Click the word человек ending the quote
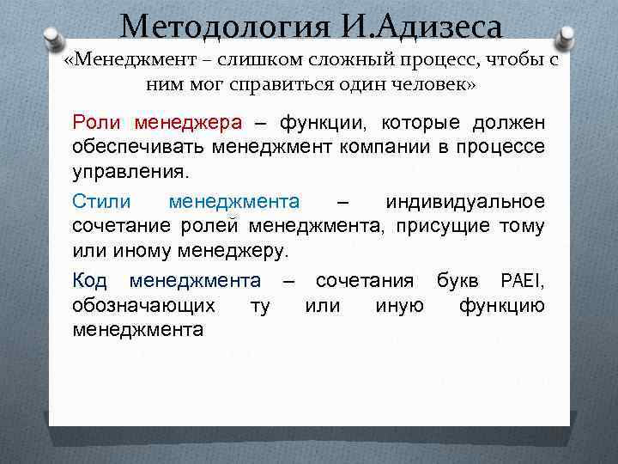[426, 86]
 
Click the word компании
[378, 146]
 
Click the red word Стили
[101, 202]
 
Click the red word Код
[89, 280]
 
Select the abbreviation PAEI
[521, 280]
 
